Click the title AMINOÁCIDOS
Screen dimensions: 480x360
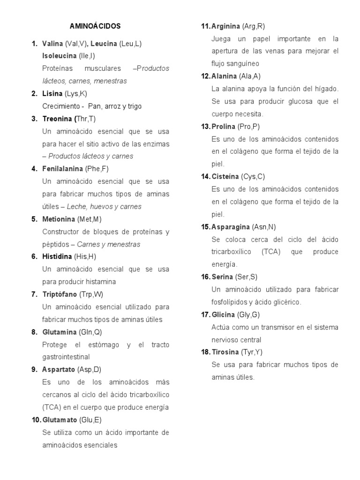click(95, 26)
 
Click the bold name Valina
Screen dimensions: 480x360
click(52, 44)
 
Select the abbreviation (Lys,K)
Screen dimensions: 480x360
click(76, 94)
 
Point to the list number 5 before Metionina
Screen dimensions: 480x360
click(34, 219)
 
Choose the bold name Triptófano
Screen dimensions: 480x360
click(60, 294)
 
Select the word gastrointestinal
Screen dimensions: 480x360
click(66, 357)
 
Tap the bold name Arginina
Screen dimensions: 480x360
click(226, 26)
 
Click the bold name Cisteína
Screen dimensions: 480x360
click(226, 177)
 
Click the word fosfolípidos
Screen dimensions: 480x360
click(232, 302)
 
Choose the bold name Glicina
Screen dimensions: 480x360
click(224, 315)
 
